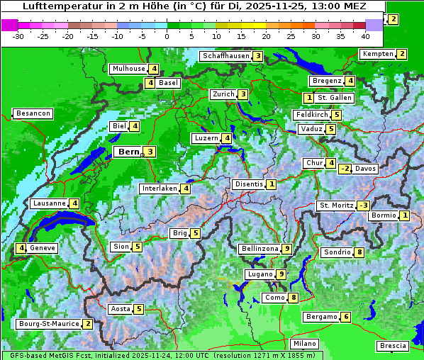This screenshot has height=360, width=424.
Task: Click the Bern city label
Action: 128,152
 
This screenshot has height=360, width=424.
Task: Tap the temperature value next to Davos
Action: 345,169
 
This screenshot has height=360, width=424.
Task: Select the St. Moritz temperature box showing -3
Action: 363,206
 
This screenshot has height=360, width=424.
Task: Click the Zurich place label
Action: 223,94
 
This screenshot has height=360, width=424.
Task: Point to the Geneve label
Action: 43,248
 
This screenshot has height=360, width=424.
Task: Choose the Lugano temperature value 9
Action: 281,274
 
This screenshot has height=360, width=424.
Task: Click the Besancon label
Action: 33,113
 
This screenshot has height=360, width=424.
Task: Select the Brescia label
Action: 393,346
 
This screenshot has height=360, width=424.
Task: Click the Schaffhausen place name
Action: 225,56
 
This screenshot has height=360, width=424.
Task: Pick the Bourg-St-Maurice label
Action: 48,324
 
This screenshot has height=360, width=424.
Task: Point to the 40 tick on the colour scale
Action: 365,35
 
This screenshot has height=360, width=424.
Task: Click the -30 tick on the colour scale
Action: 18,35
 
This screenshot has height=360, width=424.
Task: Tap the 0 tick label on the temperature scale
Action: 167,35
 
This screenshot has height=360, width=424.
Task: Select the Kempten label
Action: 377,54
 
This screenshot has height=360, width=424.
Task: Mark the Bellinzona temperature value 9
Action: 286,249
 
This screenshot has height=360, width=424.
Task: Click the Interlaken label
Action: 160,189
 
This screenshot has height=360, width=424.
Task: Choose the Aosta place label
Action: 120,309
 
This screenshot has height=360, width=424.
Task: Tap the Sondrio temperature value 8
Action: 359,252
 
